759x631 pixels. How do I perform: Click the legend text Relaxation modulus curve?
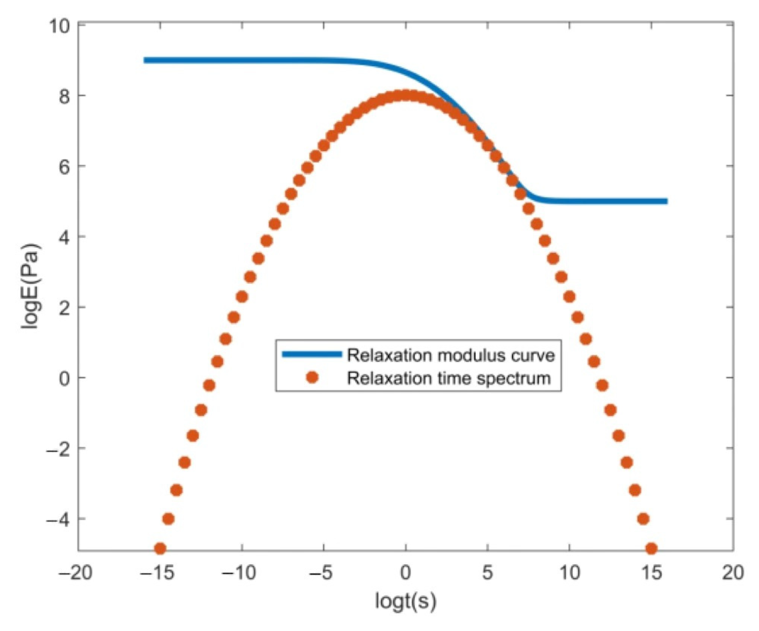click(x=451, y=355)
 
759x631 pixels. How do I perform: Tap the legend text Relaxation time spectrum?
click(x=449, y=378)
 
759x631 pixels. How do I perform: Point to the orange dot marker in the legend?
click(x=312, y=378)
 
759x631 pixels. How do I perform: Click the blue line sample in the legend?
click(x=312, y=354)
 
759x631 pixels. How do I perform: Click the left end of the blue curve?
click(x=145, y=60)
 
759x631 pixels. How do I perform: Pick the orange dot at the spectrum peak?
click(x=406, y=96)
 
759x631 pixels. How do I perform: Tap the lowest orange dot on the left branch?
click(x=160, y=549)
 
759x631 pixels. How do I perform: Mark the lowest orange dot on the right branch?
click(x=651, y=549)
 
